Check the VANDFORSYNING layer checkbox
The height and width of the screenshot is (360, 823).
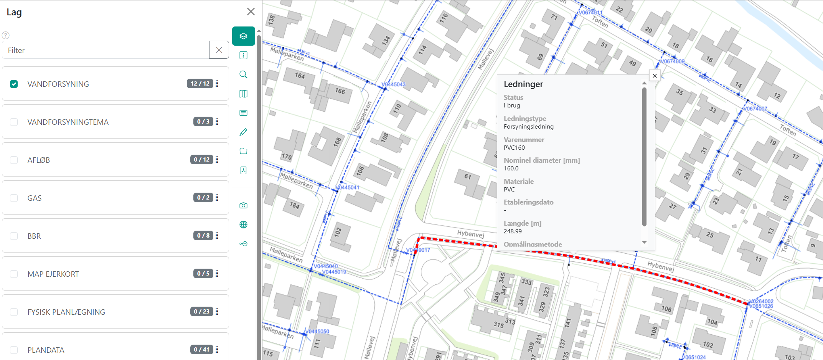click(x=14, y=84)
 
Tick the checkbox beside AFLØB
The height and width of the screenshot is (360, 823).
click(x=14, y=160)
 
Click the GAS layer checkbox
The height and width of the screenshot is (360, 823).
click(x=14, y=198)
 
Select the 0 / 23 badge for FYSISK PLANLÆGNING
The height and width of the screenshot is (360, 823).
click(x=201, y=311)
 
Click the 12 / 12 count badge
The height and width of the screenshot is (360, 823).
click(x=200, y=83)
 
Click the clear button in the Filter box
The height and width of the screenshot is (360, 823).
click(x=219, y=50)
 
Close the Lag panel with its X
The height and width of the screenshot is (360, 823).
click(x=251, y=12)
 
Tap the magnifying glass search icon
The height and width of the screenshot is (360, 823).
click(x=243, y=74)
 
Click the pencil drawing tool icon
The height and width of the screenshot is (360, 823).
click(x=243, y=132)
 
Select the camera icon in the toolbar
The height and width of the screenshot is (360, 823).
click(x=243, y=205)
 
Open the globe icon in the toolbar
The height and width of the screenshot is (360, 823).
click(x=243, y=225)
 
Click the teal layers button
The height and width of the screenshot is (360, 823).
click(x=243, y=36)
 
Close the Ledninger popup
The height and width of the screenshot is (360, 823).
click(x=655, y=76)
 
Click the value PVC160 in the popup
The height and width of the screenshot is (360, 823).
click(x=514, y=148)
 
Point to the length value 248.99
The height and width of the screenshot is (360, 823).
click(x=513, y=231)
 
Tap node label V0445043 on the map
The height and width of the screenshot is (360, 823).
click(x=394, y=84)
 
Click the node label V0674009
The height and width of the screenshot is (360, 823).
click(x=673, y=61)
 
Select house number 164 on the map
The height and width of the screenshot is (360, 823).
click(x=300, y=76)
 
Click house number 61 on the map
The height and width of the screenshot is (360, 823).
click(x=467, y=177)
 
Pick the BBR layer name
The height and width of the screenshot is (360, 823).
click(x=34, y=236)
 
